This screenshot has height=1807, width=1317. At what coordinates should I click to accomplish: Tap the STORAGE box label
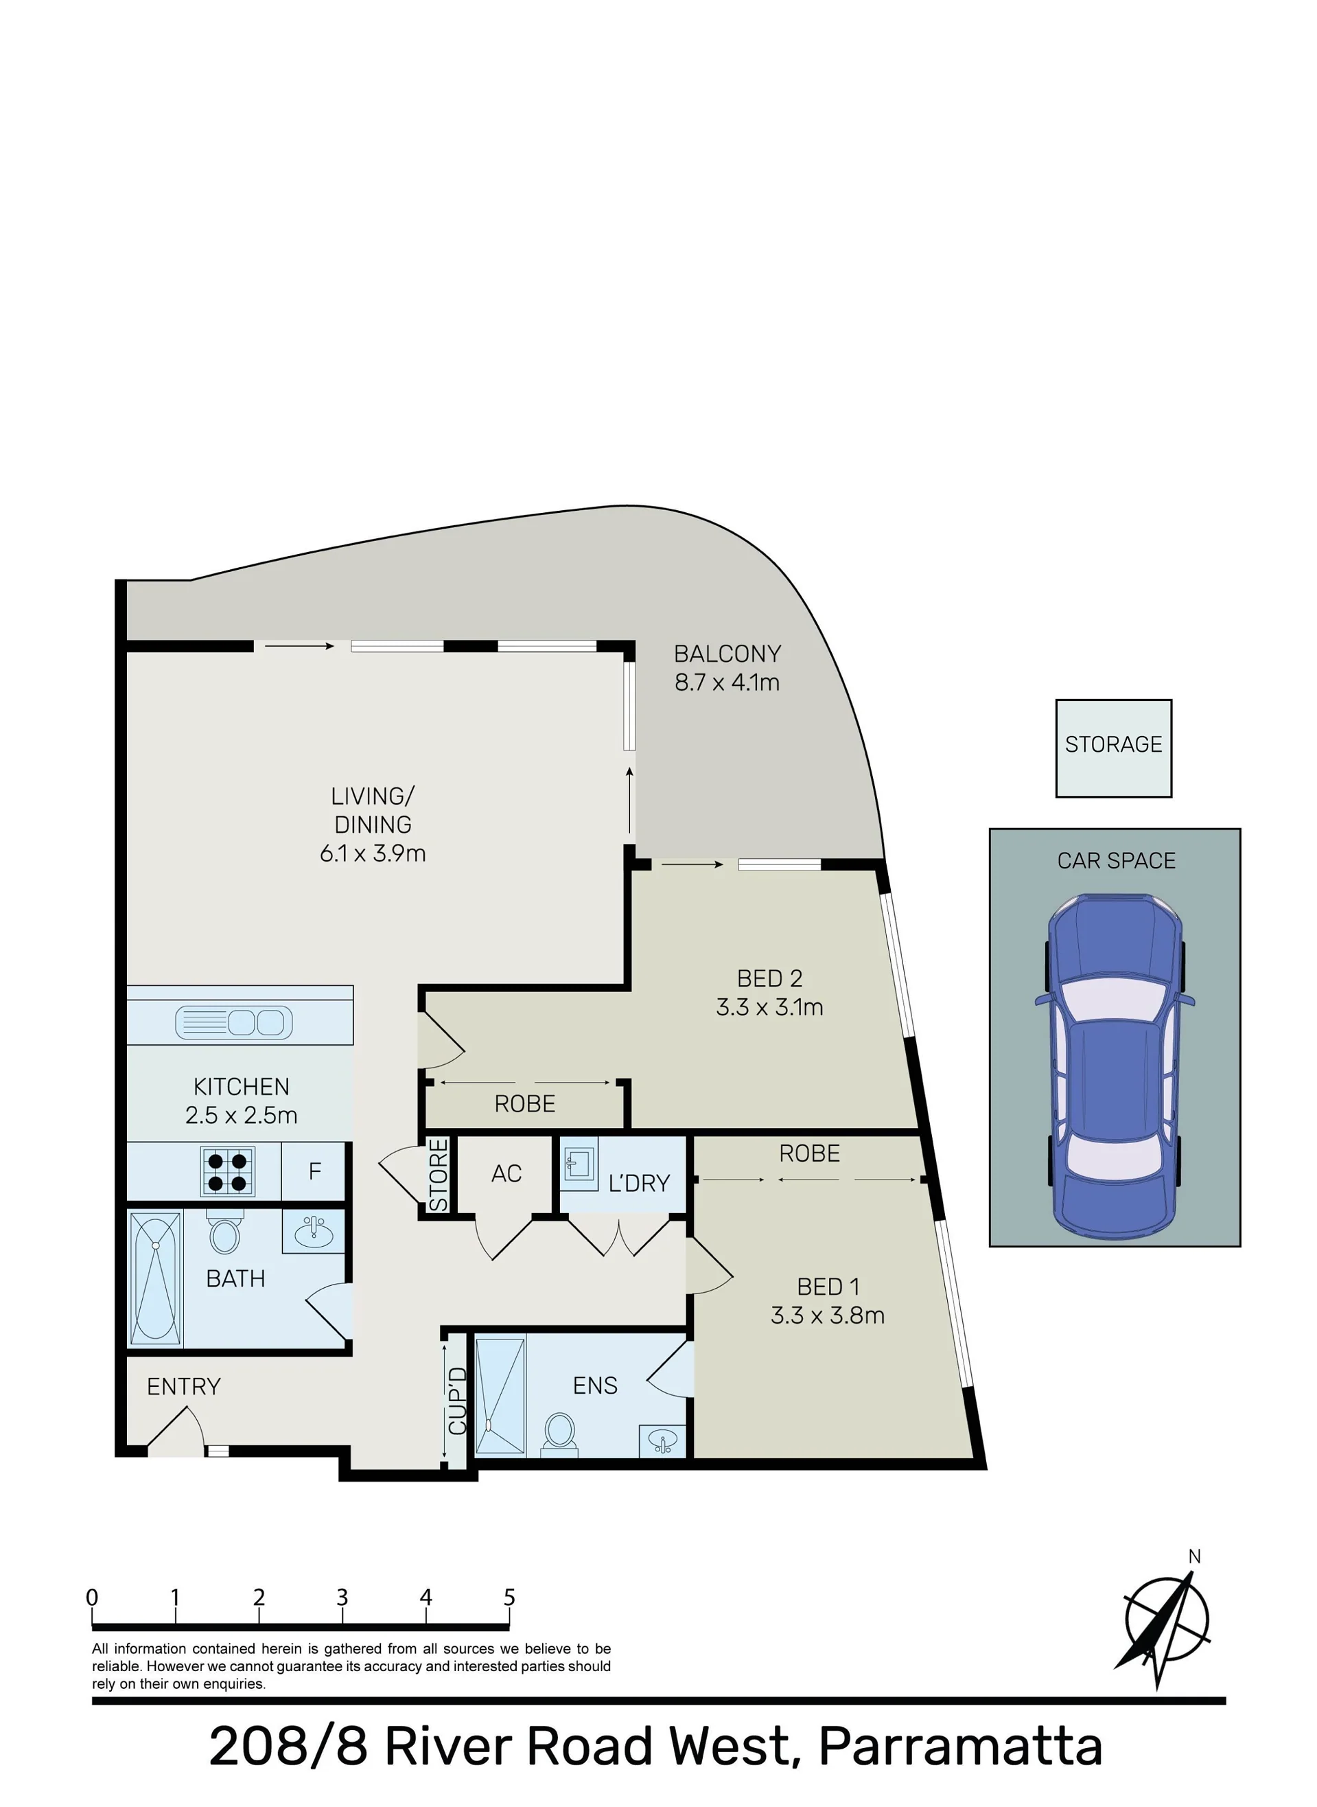[1114, 744]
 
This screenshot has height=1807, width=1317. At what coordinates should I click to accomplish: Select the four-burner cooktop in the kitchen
[227, 1171]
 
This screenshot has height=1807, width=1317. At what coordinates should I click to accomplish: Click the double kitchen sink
[233, 1022]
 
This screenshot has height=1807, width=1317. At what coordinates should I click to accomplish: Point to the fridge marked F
[314, 1171]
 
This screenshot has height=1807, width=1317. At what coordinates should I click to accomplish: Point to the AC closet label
[506, 1173]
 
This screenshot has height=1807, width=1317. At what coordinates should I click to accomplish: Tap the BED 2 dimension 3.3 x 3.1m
[769, 1007]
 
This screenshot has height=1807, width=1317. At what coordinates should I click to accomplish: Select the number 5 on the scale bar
[509, 1598]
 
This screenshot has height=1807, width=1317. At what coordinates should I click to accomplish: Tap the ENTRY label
[183, 1386]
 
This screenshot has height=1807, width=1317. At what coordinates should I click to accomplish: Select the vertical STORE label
[439, 1175]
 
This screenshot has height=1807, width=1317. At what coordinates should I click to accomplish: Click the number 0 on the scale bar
[93, 1598]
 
